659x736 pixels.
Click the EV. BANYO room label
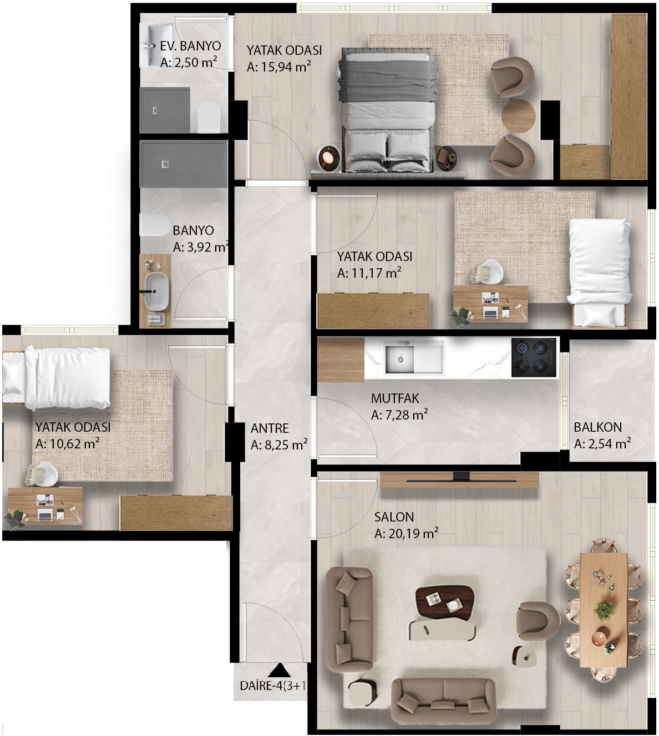pos(190,46)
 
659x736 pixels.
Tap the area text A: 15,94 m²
pos(278,67)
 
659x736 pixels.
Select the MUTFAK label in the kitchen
pos(395,398)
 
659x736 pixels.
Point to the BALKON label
pos(597,427)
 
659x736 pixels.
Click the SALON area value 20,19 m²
pos(413,533)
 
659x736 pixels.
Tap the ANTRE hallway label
pos(270,428)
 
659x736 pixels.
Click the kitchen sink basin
pos(399,359)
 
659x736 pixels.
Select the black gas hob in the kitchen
pos(534,357)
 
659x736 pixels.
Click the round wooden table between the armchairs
pos(518,116)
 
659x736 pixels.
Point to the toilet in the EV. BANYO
pos(209,116)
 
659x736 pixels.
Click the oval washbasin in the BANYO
pos(156,292)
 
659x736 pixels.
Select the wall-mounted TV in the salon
pos(461,481)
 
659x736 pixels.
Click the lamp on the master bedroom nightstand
pos(328,157)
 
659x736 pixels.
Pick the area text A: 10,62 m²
pos(67,444)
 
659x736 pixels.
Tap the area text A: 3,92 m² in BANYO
pos(201,247)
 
